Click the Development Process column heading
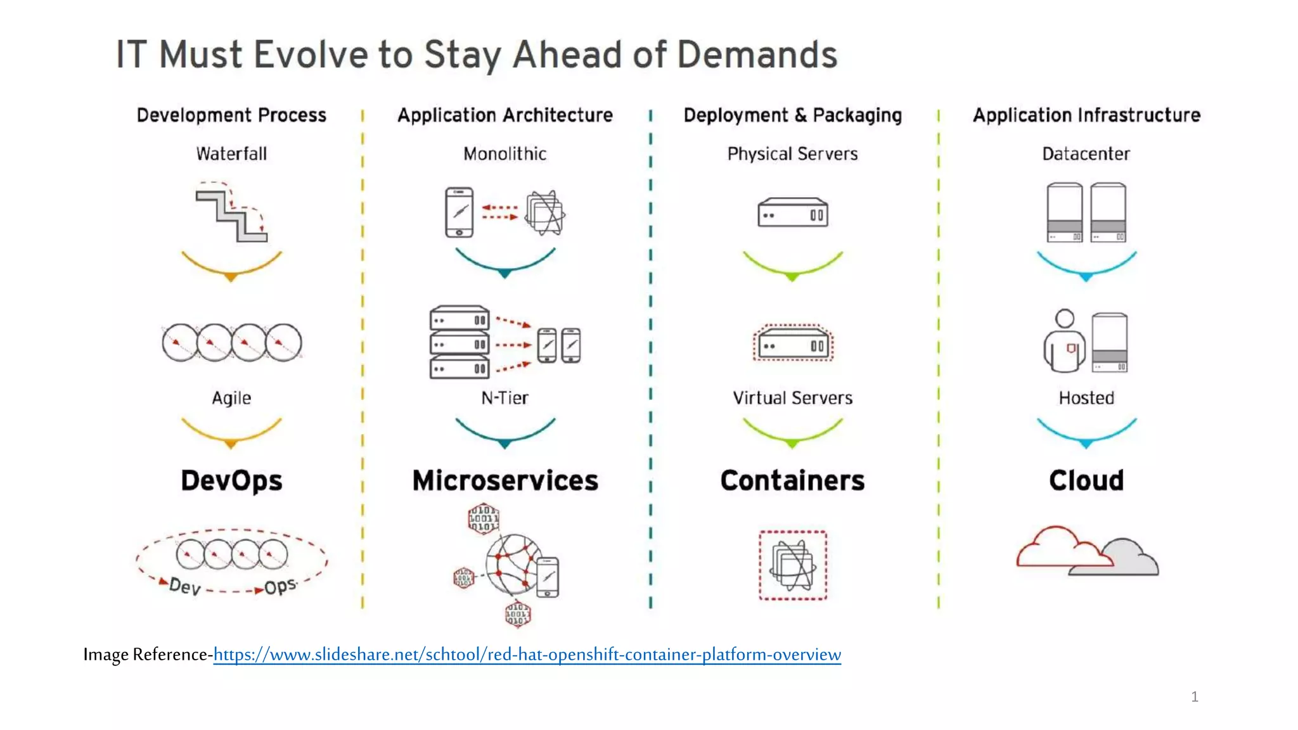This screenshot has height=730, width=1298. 231,115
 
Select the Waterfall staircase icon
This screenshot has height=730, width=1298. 231,212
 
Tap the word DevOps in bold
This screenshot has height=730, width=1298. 231,480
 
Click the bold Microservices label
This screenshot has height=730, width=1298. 505,480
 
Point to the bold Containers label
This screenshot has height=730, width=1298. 792,480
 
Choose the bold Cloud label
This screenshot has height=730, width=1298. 1086,480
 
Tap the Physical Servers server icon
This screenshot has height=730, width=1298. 792,213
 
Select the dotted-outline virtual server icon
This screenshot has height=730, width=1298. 792,343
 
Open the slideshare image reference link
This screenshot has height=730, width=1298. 527,655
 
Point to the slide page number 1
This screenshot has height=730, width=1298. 1195,697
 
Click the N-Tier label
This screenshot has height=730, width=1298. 504,398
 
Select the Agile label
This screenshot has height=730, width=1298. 231,398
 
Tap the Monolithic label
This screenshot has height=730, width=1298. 504,154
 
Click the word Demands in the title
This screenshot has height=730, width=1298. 757,54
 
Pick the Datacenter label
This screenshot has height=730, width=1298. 1086,154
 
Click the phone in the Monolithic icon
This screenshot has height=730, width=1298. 459,212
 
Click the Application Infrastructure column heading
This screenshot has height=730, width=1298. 1086,115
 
